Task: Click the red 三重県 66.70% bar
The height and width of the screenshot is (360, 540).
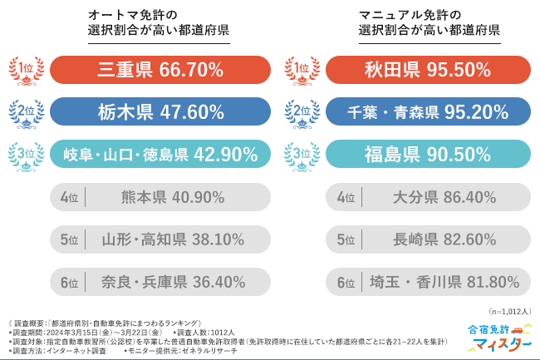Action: (x=160, y=71)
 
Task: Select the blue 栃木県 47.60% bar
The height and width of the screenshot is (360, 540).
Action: (x=160, y=112)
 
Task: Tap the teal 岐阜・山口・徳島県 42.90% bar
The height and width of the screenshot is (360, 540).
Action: (x=160, y=155)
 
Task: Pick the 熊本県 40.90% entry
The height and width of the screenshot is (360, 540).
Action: (x=160, y=197)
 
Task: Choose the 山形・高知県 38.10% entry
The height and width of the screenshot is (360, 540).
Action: (x=160, y=239)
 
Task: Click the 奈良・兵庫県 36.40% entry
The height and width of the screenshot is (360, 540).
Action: (x=160, y=282)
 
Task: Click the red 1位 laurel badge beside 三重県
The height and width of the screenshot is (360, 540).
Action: (x=26, y=71)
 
